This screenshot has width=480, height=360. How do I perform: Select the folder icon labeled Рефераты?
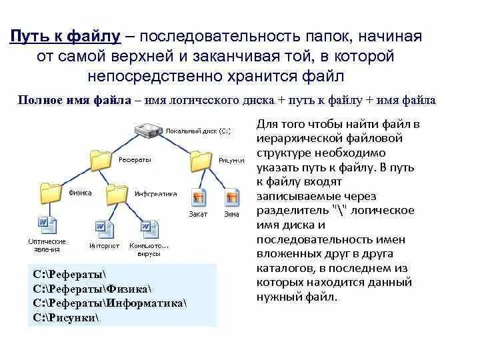(x=101, y=159)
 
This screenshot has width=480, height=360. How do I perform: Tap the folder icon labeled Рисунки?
(x=201, y=160)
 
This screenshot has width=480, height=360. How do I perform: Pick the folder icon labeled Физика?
(x=51, y=193)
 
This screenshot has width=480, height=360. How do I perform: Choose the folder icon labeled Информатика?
(x=117, y=193)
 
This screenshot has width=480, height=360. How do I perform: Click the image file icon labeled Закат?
(x=198, y=198)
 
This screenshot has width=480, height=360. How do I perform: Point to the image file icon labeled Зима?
(x=231, y=198)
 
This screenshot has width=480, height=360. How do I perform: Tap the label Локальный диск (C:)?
(x=198, y=131)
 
